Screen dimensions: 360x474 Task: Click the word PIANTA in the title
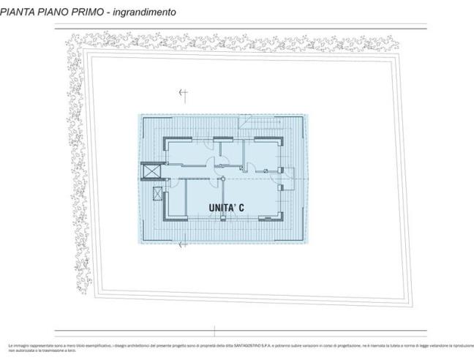pos(22,12)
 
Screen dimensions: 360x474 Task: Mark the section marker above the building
pos(184,93)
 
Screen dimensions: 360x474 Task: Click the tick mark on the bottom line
pos(214,331)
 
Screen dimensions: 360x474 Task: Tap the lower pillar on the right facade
pos(281,189)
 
